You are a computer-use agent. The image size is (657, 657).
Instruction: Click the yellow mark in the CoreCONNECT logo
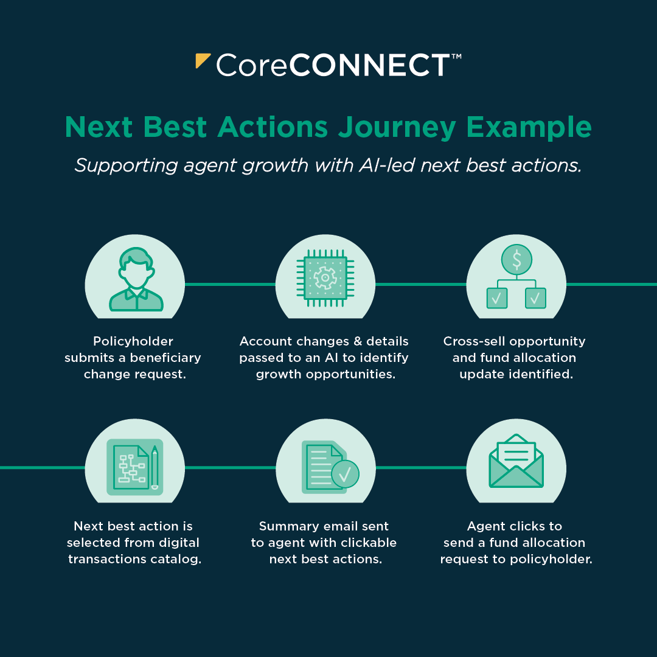pyautogui.click(x=201, y=59)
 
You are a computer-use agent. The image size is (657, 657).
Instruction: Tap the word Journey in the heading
pyautogui.click(x=397, y=127)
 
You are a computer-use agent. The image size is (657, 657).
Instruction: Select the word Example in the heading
pyautogui.click(x=529, y=127)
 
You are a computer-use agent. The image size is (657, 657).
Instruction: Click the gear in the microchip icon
pyautogui.click(x=325, y=278)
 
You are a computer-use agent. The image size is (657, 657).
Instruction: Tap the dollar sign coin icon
pyautogui.click(x=516, y=259)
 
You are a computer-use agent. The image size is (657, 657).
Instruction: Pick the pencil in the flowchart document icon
pyautogui.click(x=155, y=468)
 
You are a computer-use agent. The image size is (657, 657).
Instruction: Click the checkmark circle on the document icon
pyautogui.click(x=345, y=474)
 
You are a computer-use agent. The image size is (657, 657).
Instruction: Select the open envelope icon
pyautogui.click(x=516, y=461)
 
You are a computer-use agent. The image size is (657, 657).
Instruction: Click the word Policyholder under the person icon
pyautogui.click(x=133, y=341)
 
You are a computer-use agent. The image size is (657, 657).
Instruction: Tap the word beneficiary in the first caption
pyautogui.click(x=165, y=358)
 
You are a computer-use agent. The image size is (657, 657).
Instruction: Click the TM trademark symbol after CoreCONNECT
pyautogui.click(x=456, y=56)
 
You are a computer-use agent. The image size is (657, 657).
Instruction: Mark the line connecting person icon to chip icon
pyautogui.click(x=230, y=284)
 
